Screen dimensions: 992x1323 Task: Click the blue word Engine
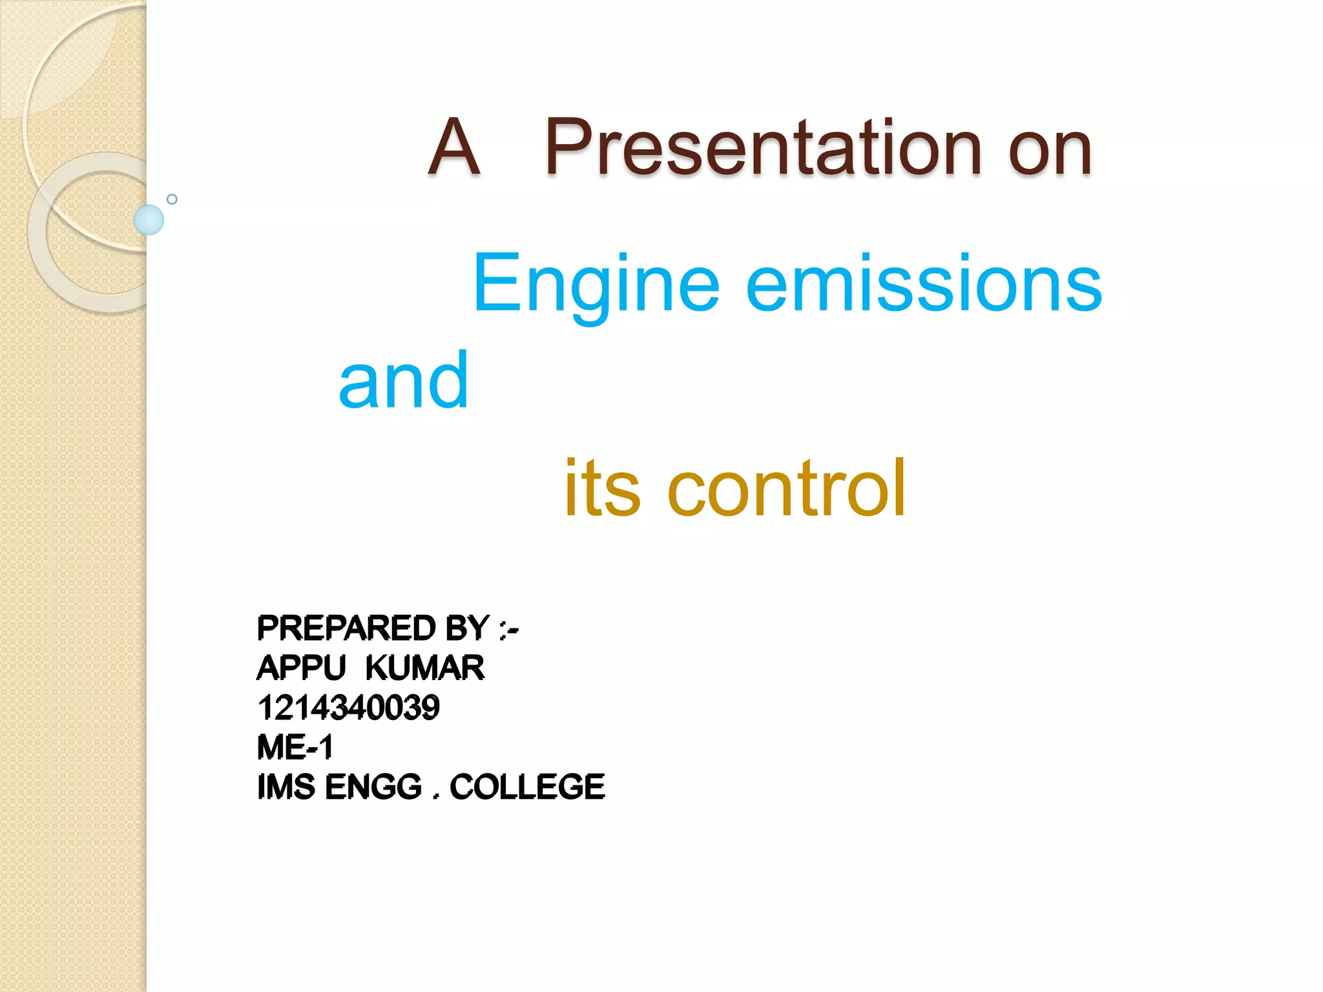click(x=596, y=285)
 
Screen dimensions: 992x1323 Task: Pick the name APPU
click(x=302, y=668)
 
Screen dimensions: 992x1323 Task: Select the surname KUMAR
click(x=424, y=668)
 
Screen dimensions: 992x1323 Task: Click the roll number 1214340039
click(x=349, y=708)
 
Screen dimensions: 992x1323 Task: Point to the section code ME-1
click(x=295, y=747)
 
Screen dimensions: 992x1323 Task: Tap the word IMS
click(x=286, y=787)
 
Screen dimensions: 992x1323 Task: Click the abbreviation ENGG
click(x=373, y=787)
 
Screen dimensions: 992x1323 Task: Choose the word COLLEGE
click(x=527, y=787)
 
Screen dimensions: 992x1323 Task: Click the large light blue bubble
click(x=149, y=220)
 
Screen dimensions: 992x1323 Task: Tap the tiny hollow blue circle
click(x=172, y=199)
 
